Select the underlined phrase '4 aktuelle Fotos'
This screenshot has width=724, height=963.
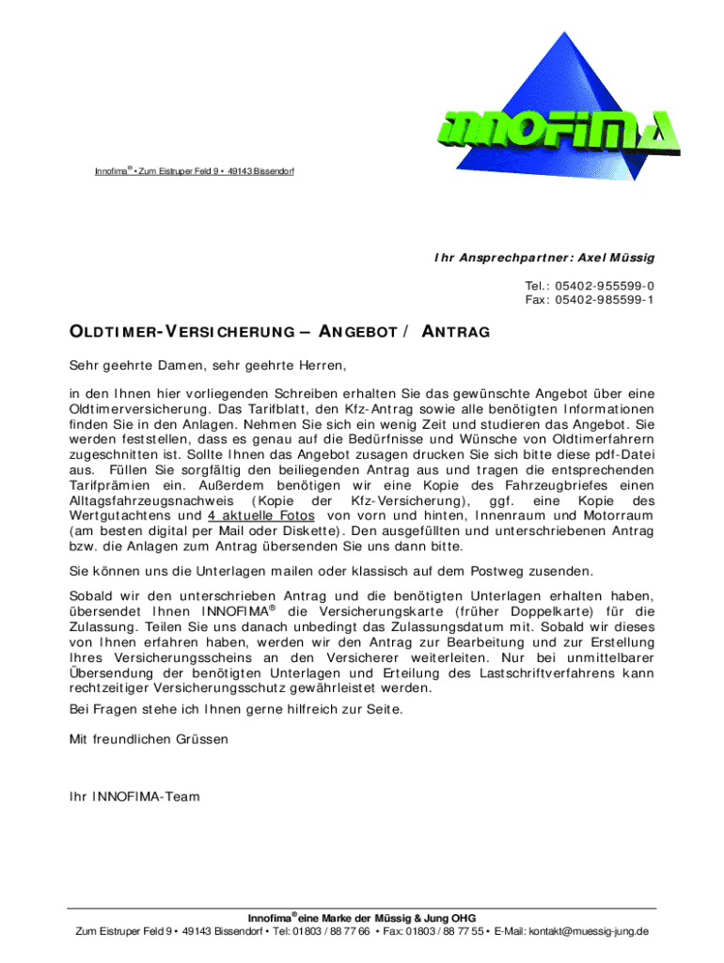(x=261, y=515)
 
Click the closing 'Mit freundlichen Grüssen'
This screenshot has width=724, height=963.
(x=149, y=739)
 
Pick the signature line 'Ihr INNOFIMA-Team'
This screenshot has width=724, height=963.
(x=134, y=797)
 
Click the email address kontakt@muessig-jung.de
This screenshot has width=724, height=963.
(x=577, y=931)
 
